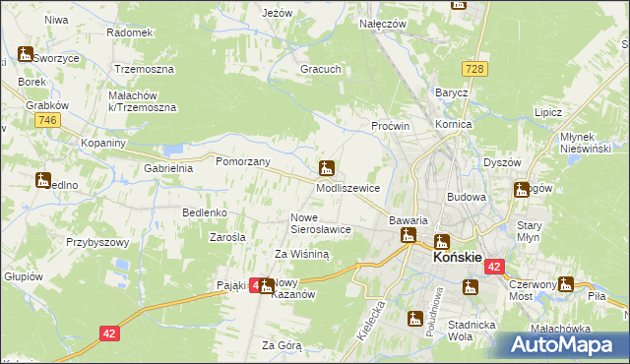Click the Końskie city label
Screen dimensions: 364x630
(457, 257)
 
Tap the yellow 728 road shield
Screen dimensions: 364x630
(476, 68)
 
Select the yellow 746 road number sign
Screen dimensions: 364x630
(44, 119)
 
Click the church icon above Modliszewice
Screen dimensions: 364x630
(326, 167)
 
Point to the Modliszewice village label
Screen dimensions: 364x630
(354, 186)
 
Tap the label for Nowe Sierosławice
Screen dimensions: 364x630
(320, 222)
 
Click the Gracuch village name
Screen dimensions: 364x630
(321, 70)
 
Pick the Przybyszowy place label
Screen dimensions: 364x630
(97, 241)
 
